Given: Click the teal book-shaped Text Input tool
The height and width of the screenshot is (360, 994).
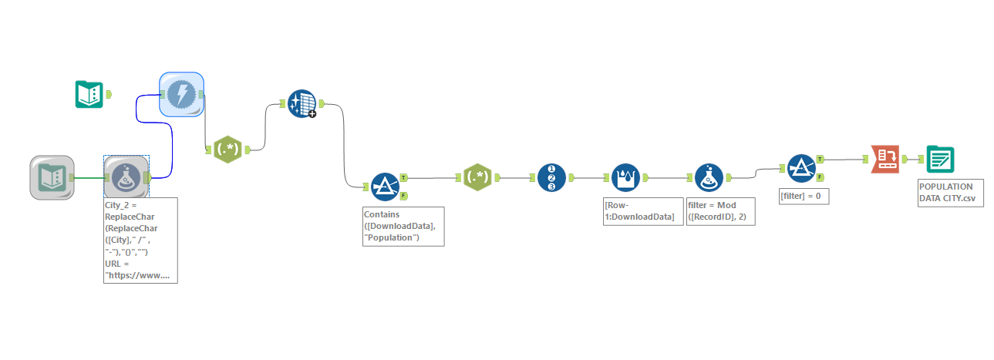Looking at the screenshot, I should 89,93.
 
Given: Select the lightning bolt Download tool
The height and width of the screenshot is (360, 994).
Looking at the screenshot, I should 181,94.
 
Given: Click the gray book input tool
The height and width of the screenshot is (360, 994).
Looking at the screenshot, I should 52,177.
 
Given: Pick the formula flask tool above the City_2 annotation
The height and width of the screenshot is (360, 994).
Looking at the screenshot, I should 126,177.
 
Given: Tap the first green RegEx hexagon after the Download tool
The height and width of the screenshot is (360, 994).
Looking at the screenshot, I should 227,150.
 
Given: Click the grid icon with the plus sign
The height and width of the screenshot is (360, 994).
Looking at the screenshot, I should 302,103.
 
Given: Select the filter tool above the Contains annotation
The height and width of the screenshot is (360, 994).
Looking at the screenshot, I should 384,186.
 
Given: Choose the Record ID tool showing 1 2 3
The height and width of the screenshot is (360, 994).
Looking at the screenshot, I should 551,177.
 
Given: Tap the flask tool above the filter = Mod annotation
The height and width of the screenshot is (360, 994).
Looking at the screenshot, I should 709,177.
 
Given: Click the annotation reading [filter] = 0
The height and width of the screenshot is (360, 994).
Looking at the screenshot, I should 804,197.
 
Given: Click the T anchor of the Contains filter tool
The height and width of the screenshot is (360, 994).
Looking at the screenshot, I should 404,177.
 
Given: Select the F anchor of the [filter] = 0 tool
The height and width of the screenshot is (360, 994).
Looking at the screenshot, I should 820,177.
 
